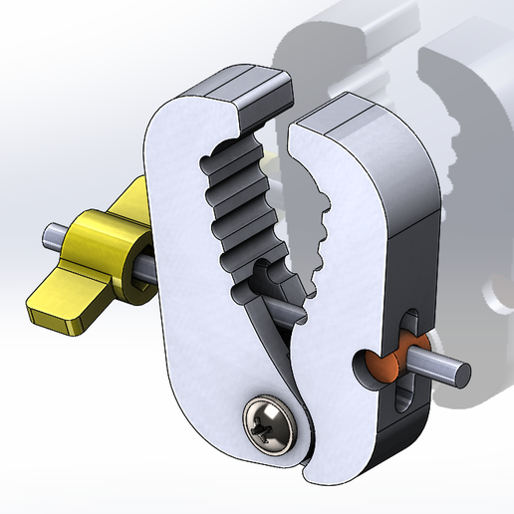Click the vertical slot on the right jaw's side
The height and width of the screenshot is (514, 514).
[406, 359]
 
